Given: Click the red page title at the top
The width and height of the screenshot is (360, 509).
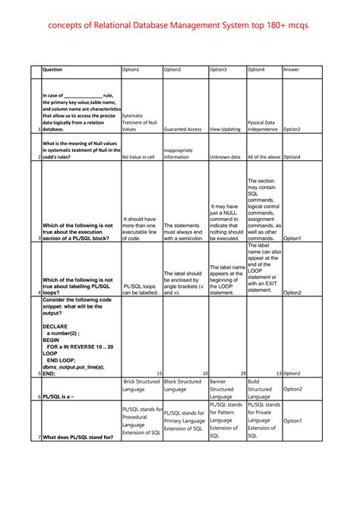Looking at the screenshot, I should click(180, 27).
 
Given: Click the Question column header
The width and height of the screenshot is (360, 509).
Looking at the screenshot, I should click(52, 70).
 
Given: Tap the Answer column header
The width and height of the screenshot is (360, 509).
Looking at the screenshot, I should click(291, 70).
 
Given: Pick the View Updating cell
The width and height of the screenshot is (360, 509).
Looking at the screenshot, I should click(225, 129).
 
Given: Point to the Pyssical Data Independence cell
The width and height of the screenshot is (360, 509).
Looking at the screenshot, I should click(263, 125).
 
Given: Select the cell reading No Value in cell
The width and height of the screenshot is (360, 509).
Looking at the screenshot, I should click(138, 157).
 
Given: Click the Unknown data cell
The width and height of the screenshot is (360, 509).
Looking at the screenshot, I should click(224, 157).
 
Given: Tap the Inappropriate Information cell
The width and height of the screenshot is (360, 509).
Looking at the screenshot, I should click(178, 153).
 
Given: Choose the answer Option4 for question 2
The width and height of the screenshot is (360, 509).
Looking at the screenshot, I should click(292, 157).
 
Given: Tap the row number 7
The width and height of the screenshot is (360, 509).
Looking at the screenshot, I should click(39, 438).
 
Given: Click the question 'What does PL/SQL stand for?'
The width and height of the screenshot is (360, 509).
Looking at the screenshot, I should click(78, 438).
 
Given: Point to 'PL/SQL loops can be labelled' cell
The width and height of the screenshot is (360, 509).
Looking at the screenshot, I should click(140, 288).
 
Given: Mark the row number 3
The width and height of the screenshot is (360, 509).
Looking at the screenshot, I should click(39, 239).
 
